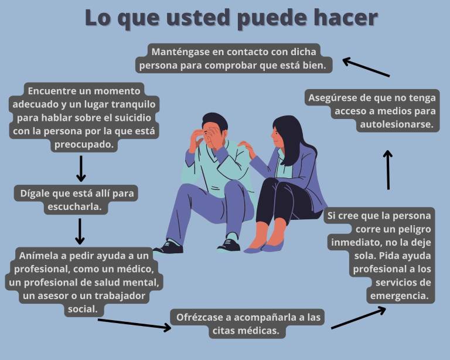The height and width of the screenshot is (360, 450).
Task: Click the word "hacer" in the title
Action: coord(342,18)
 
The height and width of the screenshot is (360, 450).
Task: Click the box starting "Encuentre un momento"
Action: coord(84,117)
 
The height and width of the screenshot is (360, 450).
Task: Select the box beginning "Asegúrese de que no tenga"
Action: coord(372,111)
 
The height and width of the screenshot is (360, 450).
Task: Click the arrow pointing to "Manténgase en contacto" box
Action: coord(366,67)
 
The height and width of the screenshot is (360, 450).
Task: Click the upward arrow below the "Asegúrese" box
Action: coord(388,169)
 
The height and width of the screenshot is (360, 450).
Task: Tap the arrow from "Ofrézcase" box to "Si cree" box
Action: coord(358,317)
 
